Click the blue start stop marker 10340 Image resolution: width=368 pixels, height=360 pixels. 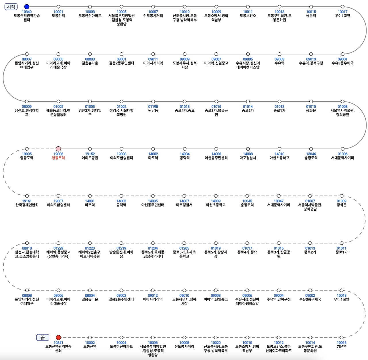point(27,7)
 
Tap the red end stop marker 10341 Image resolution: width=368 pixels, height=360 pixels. point(58,337)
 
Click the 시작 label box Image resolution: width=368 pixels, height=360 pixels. point(11,7)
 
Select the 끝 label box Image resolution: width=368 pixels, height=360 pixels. point(43,338)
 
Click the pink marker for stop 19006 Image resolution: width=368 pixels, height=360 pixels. point(58,149)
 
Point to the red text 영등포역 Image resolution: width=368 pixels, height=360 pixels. point(58,158)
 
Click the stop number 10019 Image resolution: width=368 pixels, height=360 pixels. point(185,12)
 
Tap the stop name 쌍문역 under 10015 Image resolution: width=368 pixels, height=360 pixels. point(311,16)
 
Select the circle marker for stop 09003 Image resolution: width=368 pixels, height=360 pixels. point(279,54)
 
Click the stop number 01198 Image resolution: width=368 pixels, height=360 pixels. point(153,106)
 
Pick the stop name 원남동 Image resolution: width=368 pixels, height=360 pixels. point(153,110)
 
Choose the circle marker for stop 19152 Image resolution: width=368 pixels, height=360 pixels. point(90,149)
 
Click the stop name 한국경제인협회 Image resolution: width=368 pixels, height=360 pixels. point(27,205)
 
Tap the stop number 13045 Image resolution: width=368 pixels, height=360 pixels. point(247,201)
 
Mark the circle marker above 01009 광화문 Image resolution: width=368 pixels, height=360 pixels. point(342,196)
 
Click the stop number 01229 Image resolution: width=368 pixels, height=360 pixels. point(58,248)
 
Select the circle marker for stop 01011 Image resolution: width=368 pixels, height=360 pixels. point(342,243)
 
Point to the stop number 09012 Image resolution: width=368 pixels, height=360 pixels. point(153,295)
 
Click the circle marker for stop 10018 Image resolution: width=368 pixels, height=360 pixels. point(342,290)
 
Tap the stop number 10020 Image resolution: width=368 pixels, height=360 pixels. point(216,342)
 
